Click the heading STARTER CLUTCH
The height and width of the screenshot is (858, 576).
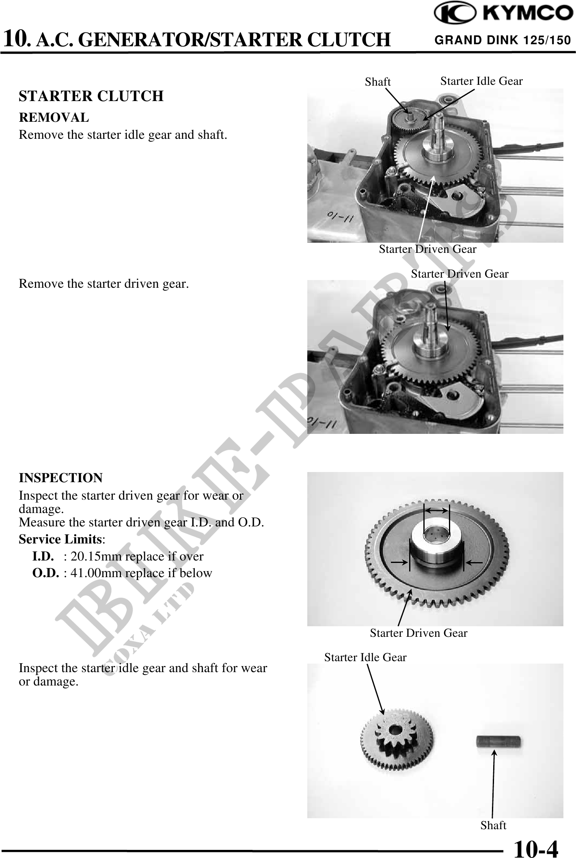point(91,96)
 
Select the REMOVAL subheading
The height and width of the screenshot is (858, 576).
point(54,118)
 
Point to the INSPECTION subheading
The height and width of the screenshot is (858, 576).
point(61,478)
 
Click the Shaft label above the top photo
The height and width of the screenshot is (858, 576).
point(378,82)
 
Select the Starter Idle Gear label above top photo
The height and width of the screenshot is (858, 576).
point(481,81)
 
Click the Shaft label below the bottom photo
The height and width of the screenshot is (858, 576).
point(493,825)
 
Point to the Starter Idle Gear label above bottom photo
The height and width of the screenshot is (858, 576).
point(365,657)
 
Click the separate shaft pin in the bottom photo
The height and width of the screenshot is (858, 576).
point(499,742)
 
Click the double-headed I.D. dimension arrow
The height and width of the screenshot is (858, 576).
point(436,510)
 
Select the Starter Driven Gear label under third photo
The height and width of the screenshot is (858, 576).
point(419,633)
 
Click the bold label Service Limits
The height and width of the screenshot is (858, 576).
point(60,539)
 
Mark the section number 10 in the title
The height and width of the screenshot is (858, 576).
point(15,39)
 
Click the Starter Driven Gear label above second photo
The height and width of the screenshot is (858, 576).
point(460,274)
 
